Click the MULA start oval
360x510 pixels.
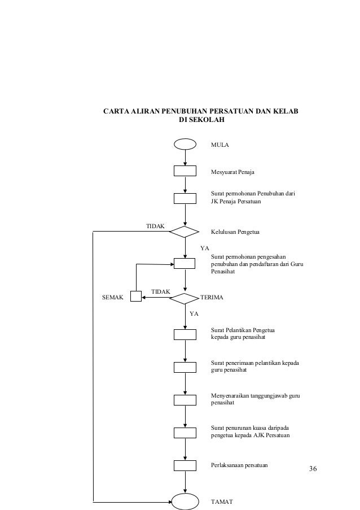coord(185,144)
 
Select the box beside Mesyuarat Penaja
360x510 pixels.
coord(185,171)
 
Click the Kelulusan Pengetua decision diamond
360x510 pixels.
coord(185,232)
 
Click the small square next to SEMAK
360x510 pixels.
coord(135,297)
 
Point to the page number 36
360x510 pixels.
coord(314,469)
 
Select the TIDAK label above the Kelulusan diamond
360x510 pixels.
coord(155,226)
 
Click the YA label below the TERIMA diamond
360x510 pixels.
coord(194,312)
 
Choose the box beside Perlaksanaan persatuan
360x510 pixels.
coord(185,465)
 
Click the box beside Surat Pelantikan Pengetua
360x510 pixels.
coord(185,334)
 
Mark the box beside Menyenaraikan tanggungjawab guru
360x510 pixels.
coord(185,400)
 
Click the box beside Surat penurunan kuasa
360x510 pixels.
coord(185,433)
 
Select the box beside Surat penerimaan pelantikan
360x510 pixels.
coord(185,367)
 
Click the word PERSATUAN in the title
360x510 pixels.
coord(231,110)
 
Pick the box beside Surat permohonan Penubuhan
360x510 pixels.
coord(185,198)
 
